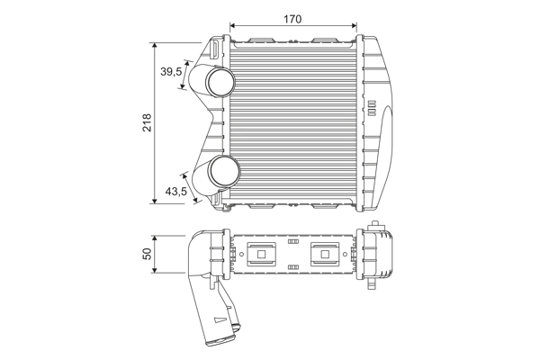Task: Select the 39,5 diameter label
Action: tap(171, 71)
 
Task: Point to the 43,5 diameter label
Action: tap(174, 191)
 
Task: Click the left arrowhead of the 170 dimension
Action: tap(233, 27)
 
